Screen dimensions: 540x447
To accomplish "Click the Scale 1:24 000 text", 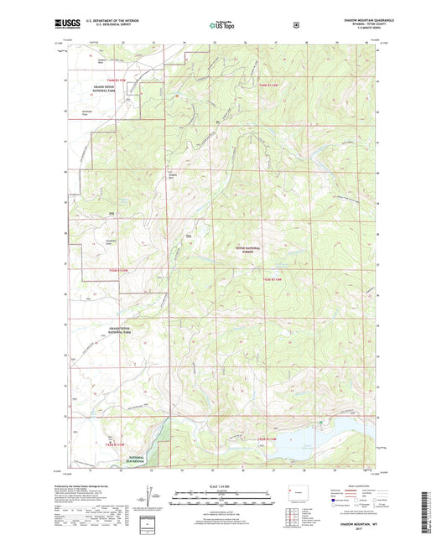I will coord(223,485).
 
